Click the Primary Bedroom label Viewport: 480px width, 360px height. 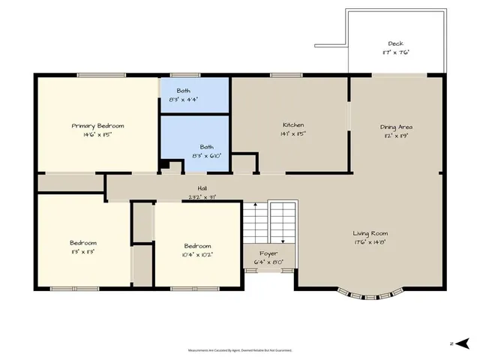97,125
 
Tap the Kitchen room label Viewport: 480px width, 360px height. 292,124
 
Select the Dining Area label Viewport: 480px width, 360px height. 396,127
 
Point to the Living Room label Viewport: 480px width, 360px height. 370,233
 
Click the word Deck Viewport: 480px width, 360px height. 395,43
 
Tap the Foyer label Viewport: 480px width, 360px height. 268,253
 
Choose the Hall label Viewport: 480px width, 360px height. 202,188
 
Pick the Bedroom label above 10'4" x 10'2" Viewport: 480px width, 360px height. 198,245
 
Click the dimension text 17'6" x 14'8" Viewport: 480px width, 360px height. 370,242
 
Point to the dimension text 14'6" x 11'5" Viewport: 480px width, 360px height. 97,135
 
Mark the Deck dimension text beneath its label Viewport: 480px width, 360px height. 395,52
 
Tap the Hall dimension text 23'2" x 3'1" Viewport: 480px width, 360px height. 202,197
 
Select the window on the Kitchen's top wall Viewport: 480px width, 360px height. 281,74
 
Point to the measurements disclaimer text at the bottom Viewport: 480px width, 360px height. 240,350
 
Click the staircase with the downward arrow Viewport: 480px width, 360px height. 283,223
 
